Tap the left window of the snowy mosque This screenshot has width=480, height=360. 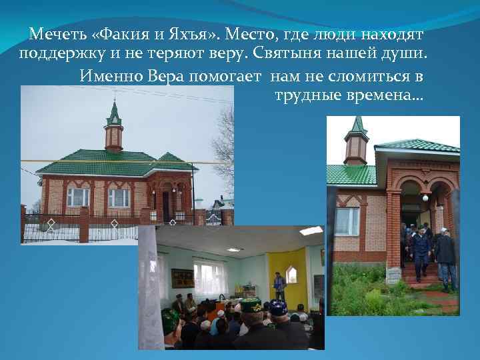pos(78,197)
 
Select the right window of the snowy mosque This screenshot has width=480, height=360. pos(119,197)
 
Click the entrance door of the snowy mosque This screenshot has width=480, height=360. pos(166,205)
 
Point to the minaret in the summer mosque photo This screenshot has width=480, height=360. pos(356,141)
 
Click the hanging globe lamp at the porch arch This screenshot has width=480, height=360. pos(425,197)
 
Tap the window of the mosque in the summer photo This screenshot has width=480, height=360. pos(347,221)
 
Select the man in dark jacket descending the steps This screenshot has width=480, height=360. pos(419,250)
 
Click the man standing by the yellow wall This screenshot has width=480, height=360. pos(280,286)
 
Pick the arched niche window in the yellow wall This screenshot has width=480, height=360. pos(291,274)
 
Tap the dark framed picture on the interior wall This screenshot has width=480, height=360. pos(182,277)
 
